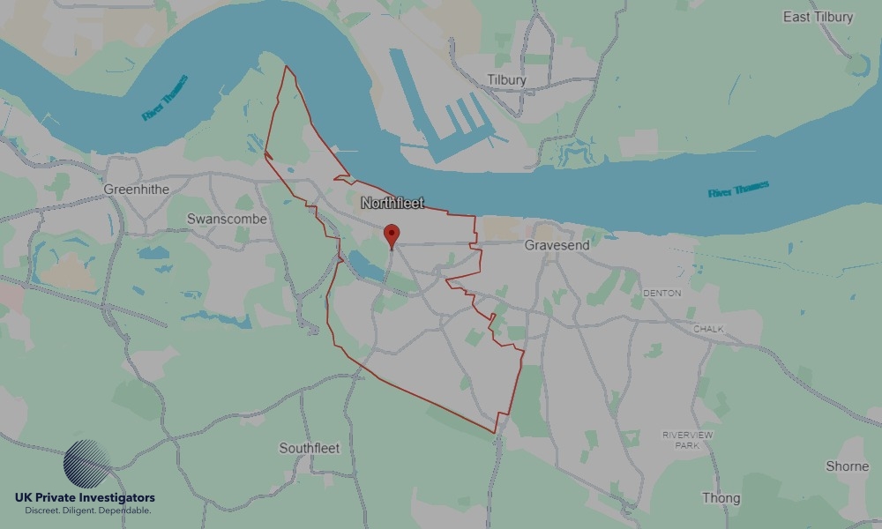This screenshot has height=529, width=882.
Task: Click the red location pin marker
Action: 392,235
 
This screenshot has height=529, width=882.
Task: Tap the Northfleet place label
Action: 392,204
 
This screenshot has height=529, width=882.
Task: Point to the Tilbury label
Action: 506,80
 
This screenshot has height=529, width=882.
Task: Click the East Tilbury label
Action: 818,18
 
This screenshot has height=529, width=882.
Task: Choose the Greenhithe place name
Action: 136,190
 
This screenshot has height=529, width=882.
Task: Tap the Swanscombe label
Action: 227,219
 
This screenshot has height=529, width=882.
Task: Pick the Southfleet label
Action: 309,448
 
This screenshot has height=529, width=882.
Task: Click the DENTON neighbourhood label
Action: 662,293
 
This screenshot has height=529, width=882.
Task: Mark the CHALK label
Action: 708,330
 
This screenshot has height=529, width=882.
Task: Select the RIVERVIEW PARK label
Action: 685,440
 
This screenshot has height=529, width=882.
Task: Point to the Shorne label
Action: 847,466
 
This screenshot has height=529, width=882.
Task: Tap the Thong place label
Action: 721,498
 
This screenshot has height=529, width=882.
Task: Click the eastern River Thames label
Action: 738,190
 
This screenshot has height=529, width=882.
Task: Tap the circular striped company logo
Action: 87,464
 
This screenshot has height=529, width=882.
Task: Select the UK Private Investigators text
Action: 85,498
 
